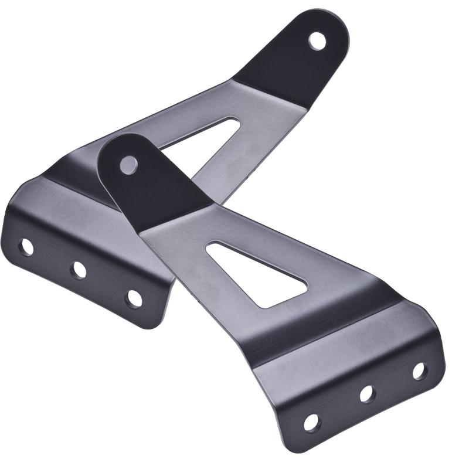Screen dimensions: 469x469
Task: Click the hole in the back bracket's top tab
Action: [x=317, y=40]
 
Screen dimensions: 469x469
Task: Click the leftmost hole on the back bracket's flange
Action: [x=26, y=247]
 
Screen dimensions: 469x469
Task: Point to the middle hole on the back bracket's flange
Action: [x=78, y=270]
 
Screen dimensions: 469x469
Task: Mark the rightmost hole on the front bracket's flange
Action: [x=419, y=371]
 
